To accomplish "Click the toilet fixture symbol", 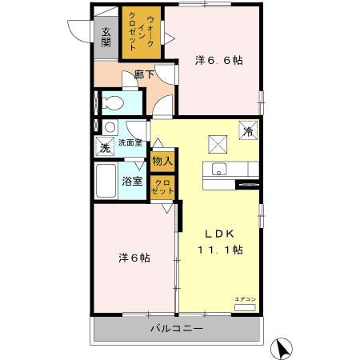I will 111,102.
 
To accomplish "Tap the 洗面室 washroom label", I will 130,142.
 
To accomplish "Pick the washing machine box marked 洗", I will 104,146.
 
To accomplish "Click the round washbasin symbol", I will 109,126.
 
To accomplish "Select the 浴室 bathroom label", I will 132,181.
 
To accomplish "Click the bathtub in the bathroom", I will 106,184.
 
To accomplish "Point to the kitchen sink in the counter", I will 220,168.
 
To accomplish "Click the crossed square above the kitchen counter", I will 218,142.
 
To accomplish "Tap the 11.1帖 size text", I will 220,249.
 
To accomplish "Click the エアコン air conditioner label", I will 245,299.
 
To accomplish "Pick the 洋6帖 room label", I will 135,258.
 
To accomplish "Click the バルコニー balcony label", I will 176,329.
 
